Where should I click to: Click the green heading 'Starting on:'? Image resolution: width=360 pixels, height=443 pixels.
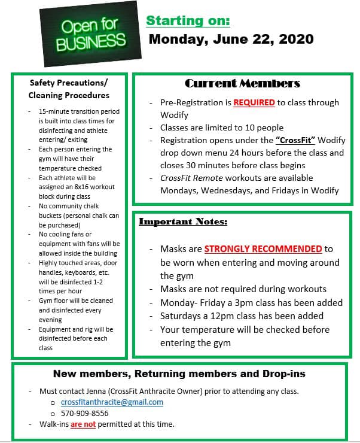188,20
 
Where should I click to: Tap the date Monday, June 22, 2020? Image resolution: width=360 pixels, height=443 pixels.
231,40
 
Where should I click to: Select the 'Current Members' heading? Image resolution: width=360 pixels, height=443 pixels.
242,83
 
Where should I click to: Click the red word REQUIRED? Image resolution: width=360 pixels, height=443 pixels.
254,102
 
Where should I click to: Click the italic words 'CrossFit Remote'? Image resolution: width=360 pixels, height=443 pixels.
190,178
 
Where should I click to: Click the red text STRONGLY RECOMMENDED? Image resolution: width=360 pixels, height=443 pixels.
263,248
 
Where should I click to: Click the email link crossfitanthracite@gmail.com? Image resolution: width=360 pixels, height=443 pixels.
112,402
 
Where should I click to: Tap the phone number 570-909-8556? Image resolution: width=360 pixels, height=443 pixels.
85,413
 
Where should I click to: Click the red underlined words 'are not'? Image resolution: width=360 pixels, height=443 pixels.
83,424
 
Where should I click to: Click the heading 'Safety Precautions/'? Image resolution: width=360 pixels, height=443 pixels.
69,83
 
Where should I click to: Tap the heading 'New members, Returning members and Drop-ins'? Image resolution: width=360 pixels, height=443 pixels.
179,374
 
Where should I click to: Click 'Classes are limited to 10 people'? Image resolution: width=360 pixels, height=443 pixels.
221,128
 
